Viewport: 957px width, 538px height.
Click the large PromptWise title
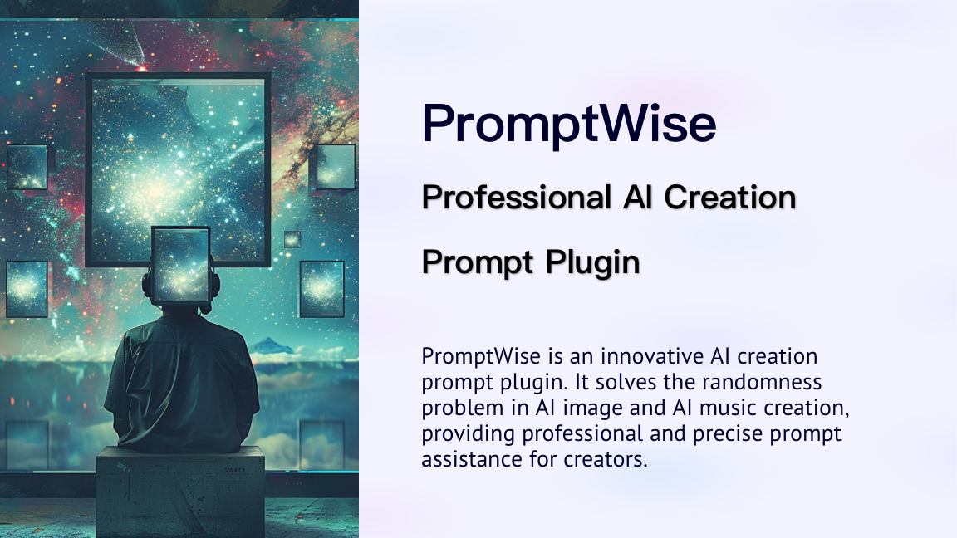pos(569,124)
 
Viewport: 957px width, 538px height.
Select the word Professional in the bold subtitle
pos(517,198)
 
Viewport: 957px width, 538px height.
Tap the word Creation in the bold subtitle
pos(729,198)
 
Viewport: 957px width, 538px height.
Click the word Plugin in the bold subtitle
pos(592,263)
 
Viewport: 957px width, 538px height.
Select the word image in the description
pos(588,408)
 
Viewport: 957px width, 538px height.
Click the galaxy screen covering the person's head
pos(180,265)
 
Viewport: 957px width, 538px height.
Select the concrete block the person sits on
pos(180,492)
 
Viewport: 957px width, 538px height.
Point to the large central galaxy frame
pos(179,169)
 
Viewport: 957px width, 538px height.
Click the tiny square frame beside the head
pos(292,239)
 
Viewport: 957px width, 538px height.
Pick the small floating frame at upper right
pos(335,167)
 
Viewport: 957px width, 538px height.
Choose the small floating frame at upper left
pos(27,167)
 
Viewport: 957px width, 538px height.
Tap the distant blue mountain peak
pos(272,345)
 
